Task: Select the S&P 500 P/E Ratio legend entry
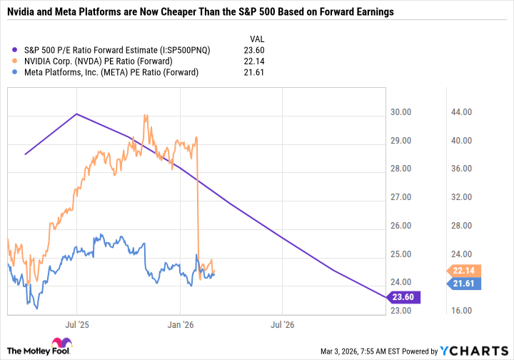tap(121, 50)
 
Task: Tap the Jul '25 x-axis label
tap(76, 324)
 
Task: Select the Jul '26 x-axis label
tap(283, 324)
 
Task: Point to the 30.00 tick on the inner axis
tap(404, 112)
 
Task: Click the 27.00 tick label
tap(404, 197)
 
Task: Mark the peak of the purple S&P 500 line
tap(76, 114)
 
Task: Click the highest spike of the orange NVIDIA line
tap(146, 115)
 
